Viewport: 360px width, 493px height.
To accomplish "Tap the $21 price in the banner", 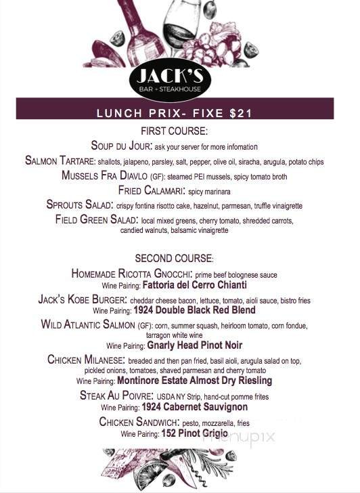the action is (x=240, y=113).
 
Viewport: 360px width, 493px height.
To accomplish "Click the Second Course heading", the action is (x=174, y=258).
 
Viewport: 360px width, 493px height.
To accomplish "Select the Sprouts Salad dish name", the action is (x=80, y=205).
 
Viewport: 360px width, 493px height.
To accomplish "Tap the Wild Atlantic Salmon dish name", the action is (x=88, y=325).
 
